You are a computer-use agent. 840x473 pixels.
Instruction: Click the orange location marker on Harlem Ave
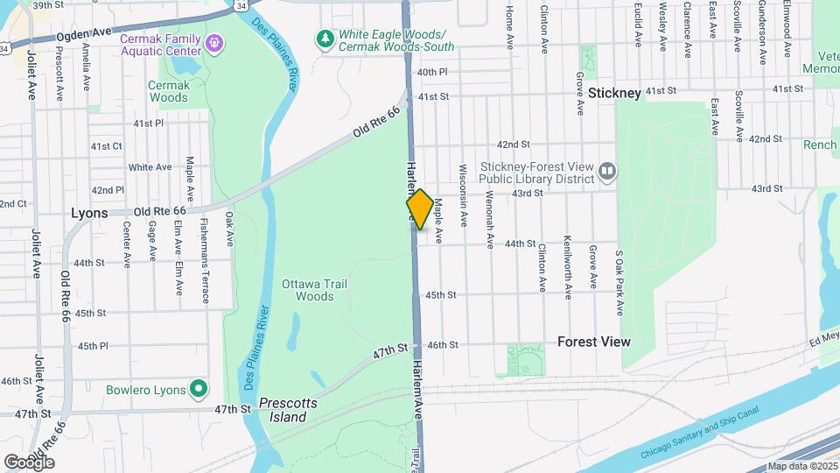[x=420, y=208]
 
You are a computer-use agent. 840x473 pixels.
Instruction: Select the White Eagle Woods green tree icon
[x=325, y=39]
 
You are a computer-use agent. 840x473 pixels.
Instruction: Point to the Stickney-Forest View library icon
[x=606, y=170]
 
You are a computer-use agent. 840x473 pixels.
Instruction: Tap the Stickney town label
[x=615, y=91]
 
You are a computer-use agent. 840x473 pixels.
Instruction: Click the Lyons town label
[x=89, y=213]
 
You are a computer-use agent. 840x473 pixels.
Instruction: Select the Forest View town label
[x=594, y=342]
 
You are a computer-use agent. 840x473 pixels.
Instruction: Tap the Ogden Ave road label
[x=84, y=33]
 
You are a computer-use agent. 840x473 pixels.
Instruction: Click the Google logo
[x=29, y=462]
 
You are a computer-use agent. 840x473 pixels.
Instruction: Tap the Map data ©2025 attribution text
[x=801, y=467]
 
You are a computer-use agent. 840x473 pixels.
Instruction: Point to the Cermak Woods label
[x=168, y=91]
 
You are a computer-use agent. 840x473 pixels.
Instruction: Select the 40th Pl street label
[x=432, y=72]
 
